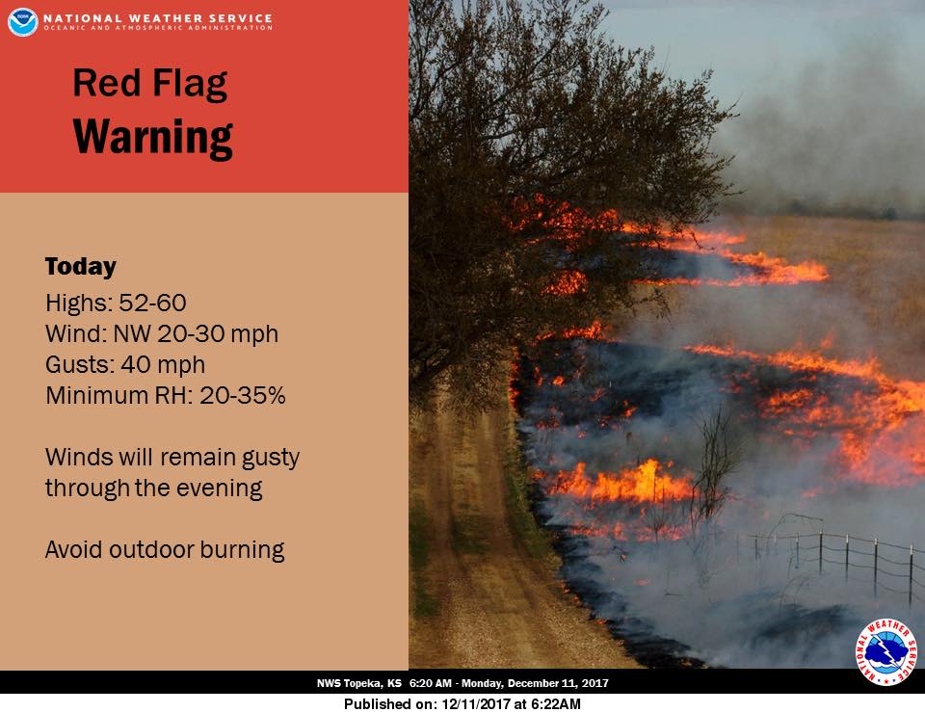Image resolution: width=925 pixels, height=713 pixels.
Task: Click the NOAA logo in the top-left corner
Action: (x=22, y=21)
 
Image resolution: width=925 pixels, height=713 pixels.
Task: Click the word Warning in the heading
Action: (x=153, y=138)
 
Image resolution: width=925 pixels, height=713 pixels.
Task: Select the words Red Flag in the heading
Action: (x=149, y=85)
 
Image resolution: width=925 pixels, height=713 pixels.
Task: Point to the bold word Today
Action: (x=81, y=267)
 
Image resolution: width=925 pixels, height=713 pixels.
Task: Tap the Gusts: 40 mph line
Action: (x=125, y=365)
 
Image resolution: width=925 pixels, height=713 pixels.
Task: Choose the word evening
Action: (x=218, y=488)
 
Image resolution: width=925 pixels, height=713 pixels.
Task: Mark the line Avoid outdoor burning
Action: (x=165, y=550)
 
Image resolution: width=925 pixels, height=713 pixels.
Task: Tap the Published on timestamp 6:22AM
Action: (x=557, y=703)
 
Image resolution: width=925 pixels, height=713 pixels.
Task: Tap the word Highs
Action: (x=76, y=303)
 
